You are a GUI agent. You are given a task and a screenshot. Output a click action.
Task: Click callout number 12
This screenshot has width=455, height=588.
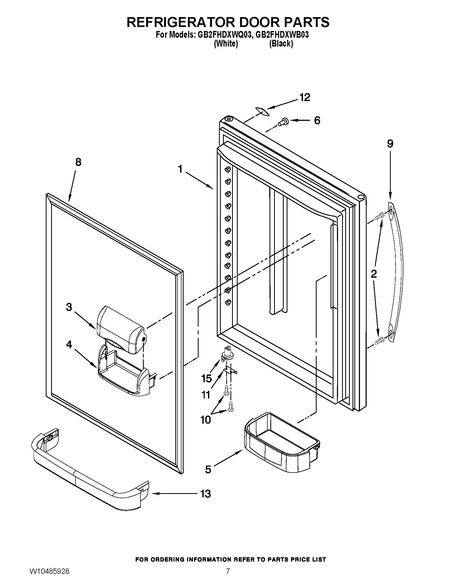pyautogui.click(x=305, y=98)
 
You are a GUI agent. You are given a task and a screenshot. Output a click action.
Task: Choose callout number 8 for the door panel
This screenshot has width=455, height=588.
pyautogui.click(x=78, y=162)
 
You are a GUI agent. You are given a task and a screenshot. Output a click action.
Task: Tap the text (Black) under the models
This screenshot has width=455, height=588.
pyautogui.click(x=281, y=44)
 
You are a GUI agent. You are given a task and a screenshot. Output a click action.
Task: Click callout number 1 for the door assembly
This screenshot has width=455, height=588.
pyautogui.click(x=180, y=169)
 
